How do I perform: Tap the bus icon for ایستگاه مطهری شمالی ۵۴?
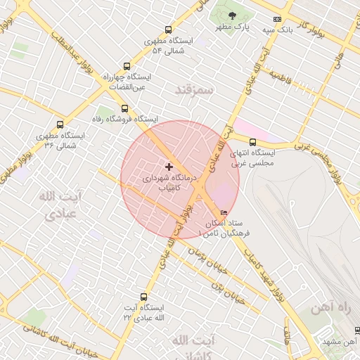167,30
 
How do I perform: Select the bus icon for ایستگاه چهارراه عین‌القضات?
127,65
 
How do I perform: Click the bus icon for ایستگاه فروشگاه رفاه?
124,108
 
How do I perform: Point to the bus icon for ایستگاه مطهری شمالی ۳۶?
60,124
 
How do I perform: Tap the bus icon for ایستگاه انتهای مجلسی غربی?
253,142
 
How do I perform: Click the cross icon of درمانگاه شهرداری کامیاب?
168,167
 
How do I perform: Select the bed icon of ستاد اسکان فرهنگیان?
224,212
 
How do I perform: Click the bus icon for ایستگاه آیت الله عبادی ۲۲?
144,297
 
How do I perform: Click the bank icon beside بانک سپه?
277,20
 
